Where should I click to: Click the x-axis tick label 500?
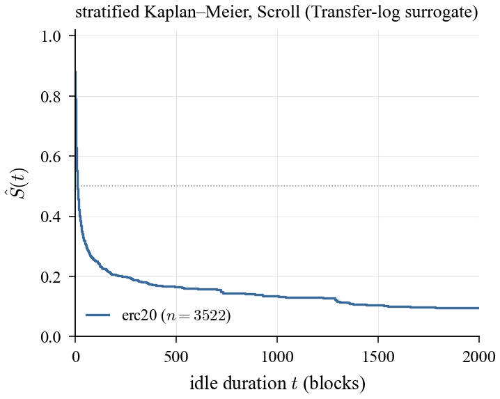point(176,356)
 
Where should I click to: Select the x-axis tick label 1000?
point(277,356)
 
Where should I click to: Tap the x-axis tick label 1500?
point(378,356)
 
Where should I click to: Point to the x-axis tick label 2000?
point(478,356)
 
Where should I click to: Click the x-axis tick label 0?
point(75,356)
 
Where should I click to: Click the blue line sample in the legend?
point(98,315)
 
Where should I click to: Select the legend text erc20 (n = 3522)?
point(176,315)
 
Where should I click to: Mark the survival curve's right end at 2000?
point(478,308)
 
